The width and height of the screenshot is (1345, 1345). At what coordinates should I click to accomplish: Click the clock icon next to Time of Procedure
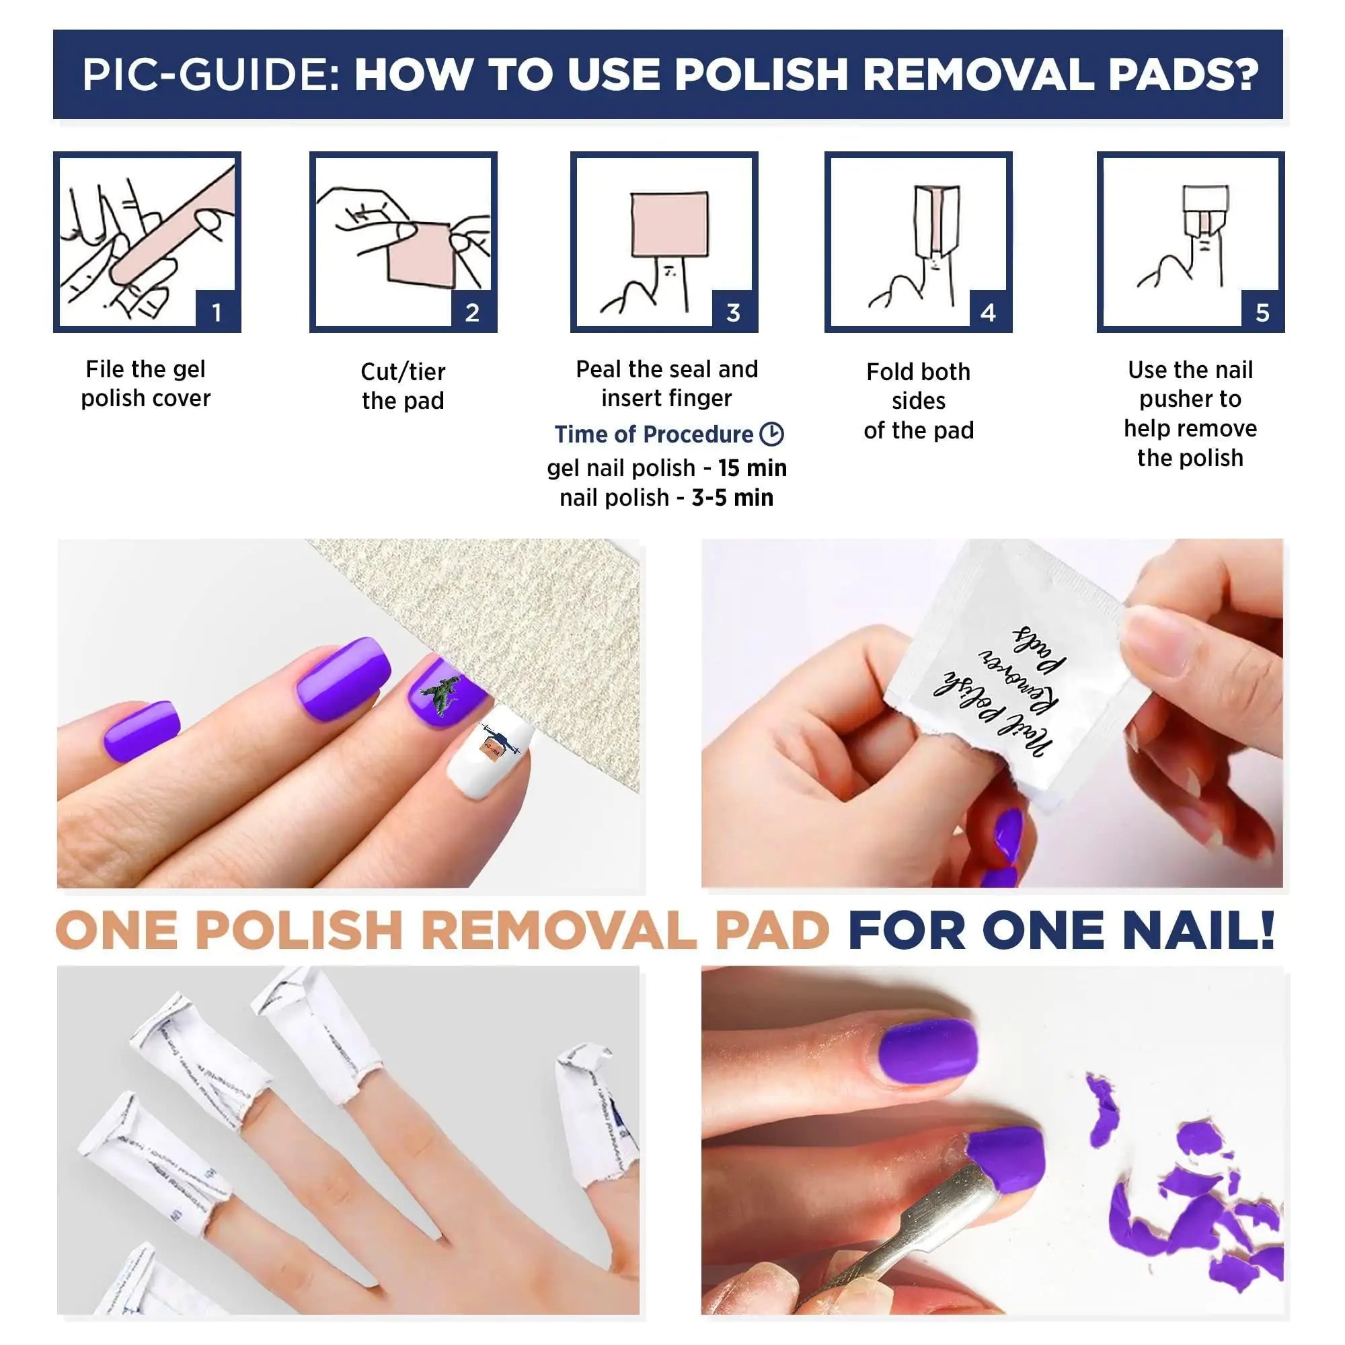click(x=771, y=434)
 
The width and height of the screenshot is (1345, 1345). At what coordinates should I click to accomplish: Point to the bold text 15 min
click(x=752, y=468)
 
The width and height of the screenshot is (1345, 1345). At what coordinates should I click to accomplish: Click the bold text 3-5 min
click(x=732, y=498)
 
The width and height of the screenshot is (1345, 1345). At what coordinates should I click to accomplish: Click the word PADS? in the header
click(x=1184, y=75)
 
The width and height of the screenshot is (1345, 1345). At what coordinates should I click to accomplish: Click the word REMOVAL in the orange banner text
click(x=558, y=930)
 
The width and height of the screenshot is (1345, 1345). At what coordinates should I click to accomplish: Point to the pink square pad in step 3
click(x=669, y=224)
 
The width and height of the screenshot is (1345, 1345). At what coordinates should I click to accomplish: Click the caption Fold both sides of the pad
click(x=918, y=401)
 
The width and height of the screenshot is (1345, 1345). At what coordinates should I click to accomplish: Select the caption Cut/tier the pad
click(x=402, y=385)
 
